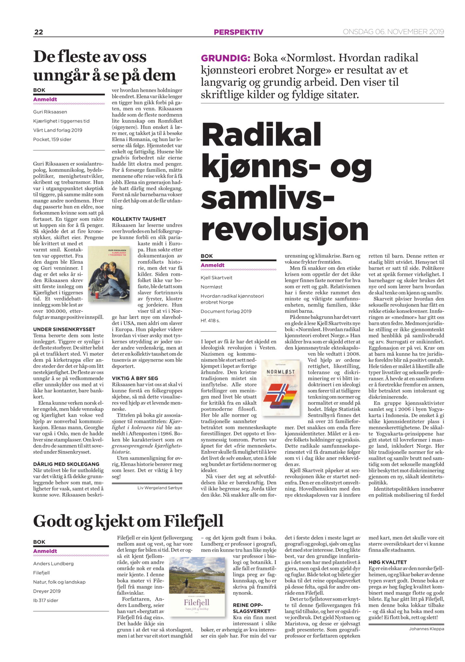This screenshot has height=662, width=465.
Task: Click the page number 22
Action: coord(39,32)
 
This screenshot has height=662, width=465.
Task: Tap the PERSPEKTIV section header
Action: coord(238,32)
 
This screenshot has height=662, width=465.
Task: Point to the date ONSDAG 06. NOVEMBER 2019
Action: coord(393,32)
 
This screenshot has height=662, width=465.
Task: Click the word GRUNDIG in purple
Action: coord(225,58)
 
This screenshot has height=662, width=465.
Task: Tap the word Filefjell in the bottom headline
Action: coord(194,521)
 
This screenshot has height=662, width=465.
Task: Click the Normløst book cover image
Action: coord(280,388)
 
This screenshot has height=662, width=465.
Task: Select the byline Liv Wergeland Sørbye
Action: coord(160,488)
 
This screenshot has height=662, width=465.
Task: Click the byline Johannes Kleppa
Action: coord(426,629)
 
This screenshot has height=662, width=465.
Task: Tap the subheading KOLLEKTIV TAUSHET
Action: coord(139,219)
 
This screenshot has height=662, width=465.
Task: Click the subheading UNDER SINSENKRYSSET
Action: coord(64,329)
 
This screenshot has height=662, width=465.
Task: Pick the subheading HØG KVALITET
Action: coord(387,562)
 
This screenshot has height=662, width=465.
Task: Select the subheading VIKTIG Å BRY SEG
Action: coord(135,378)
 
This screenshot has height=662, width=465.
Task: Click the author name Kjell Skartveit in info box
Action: coord(216,278)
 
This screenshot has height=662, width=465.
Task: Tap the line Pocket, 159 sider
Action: coord(52,139)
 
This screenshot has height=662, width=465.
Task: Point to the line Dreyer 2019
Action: coord(47,591)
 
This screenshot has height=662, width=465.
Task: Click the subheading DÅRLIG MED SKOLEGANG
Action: coord(66,464)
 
